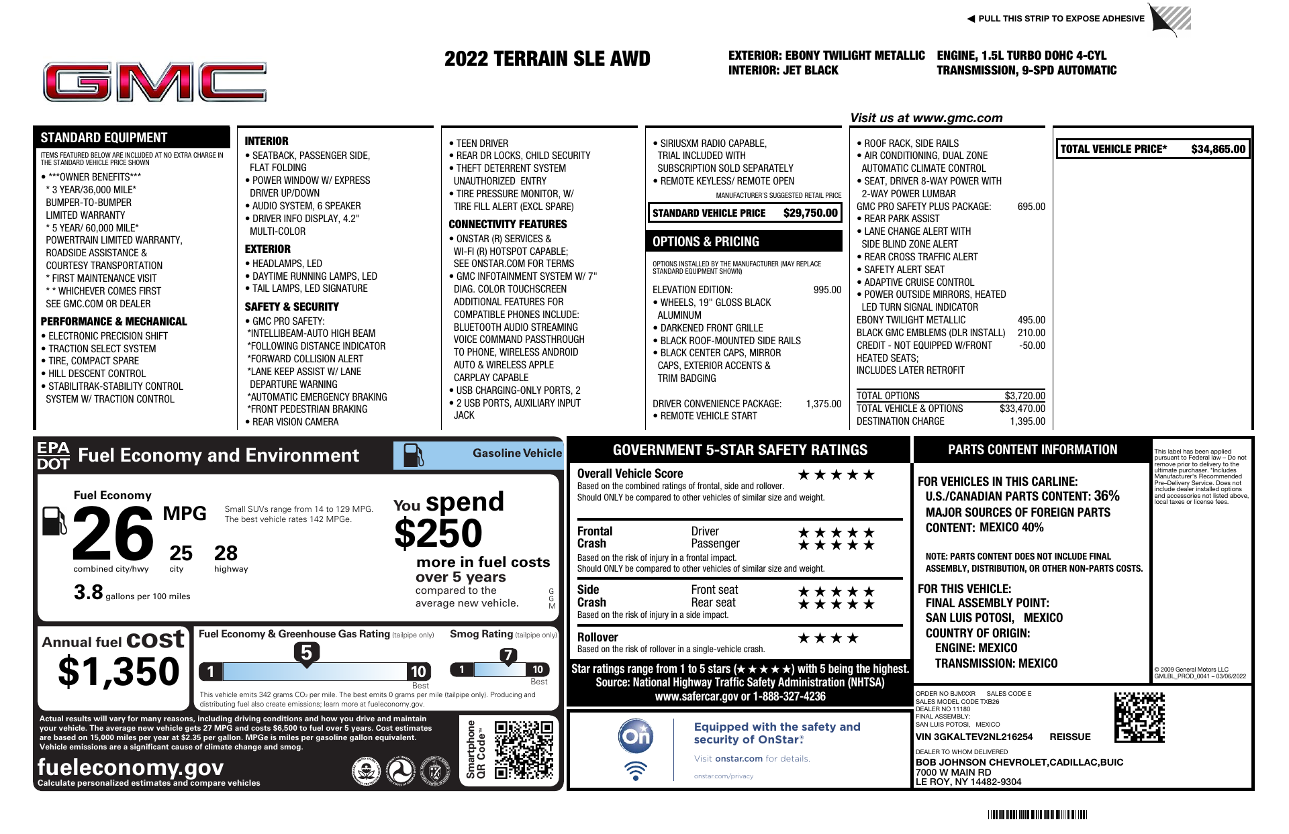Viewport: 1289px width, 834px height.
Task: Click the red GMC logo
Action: click(x=154, y=83)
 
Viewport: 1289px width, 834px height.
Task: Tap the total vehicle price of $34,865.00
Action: click(x=1218, y=149)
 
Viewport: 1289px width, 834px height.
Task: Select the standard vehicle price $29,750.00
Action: click(x=810, y=213)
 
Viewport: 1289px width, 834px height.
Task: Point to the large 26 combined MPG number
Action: click(x=113, y=534)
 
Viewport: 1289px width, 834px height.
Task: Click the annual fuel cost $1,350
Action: click(x=119, y=672)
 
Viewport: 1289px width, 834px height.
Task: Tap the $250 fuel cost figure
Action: click(x=438, y=534)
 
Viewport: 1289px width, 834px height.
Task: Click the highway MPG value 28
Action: click(x=226, y=554)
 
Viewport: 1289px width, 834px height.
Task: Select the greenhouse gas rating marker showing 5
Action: click(x=306, y=653)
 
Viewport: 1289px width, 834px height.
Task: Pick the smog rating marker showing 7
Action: click(x=508, y=656)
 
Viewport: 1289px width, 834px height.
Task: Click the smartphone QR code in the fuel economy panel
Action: click(x=524, y=749)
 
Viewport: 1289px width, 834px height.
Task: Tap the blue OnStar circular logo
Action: click(x=635, y=736)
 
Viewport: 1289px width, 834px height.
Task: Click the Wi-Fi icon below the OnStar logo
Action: click(x=635, y=770)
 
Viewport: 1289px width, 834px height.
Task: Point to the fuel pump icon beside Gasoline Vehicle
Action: click(x=413, y=456)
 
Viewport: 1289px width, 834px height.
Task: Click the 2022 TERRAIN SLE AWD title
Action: click(x=547, y=59)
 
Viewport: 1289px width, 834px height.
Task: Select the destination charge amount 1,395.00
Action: click(x=1027, y=421)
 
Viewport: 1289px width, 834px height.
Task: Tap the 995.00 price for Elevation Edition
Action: click(x=827, y=290)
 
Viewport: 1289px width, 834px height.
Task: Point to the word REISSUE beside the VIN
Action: click(x=1070, y=737)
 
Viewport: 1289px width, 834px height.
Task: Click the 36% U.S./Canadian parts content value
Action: click(x=1106, y=496)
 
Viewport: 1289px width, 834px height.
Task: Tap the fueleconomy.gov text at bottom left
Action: click(x=130, y=767)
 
